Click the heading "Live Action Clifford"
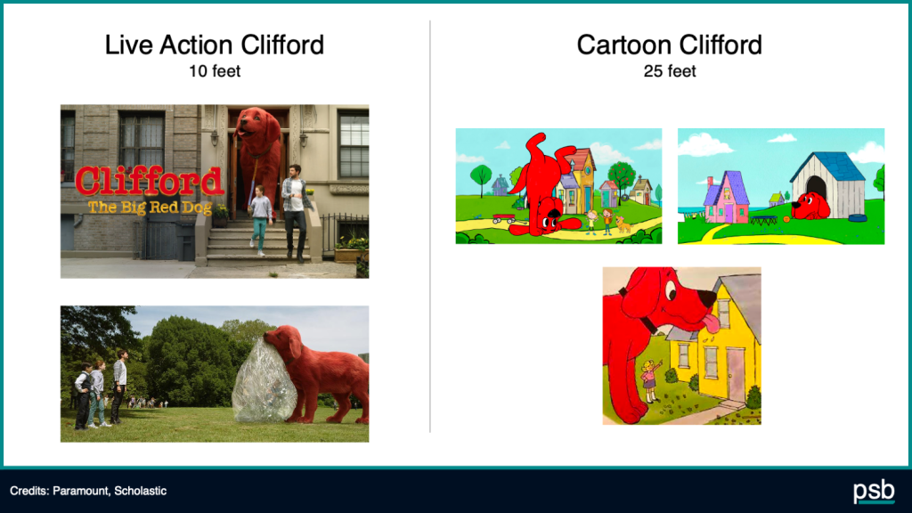(214, 45)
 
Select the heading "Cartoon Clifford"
(669, 45)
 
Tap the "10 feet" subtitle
(214, 71)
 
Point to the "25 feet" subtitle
(670, 71)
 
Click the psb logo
(874, 492)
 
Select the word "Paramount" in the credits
(80, 491)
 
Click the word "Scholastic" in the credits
(140, 491)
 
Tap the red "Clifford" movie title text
(150, 180)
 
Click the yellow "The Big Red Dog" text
(150, 207)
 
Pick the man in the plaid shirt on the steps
(296, 211)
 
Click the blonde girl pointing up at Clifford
(650, 379)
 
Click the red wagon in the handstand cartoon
(503, 219)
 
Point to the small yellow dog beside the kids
(623, 224)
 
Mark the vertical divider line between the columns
(430, 226)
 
